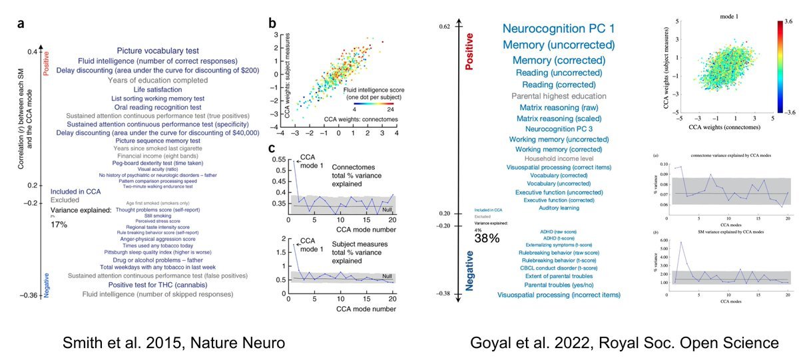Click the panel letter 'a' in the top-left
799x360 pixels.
[21, 25]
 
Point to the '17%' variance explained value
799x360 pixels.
[59, 225]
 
